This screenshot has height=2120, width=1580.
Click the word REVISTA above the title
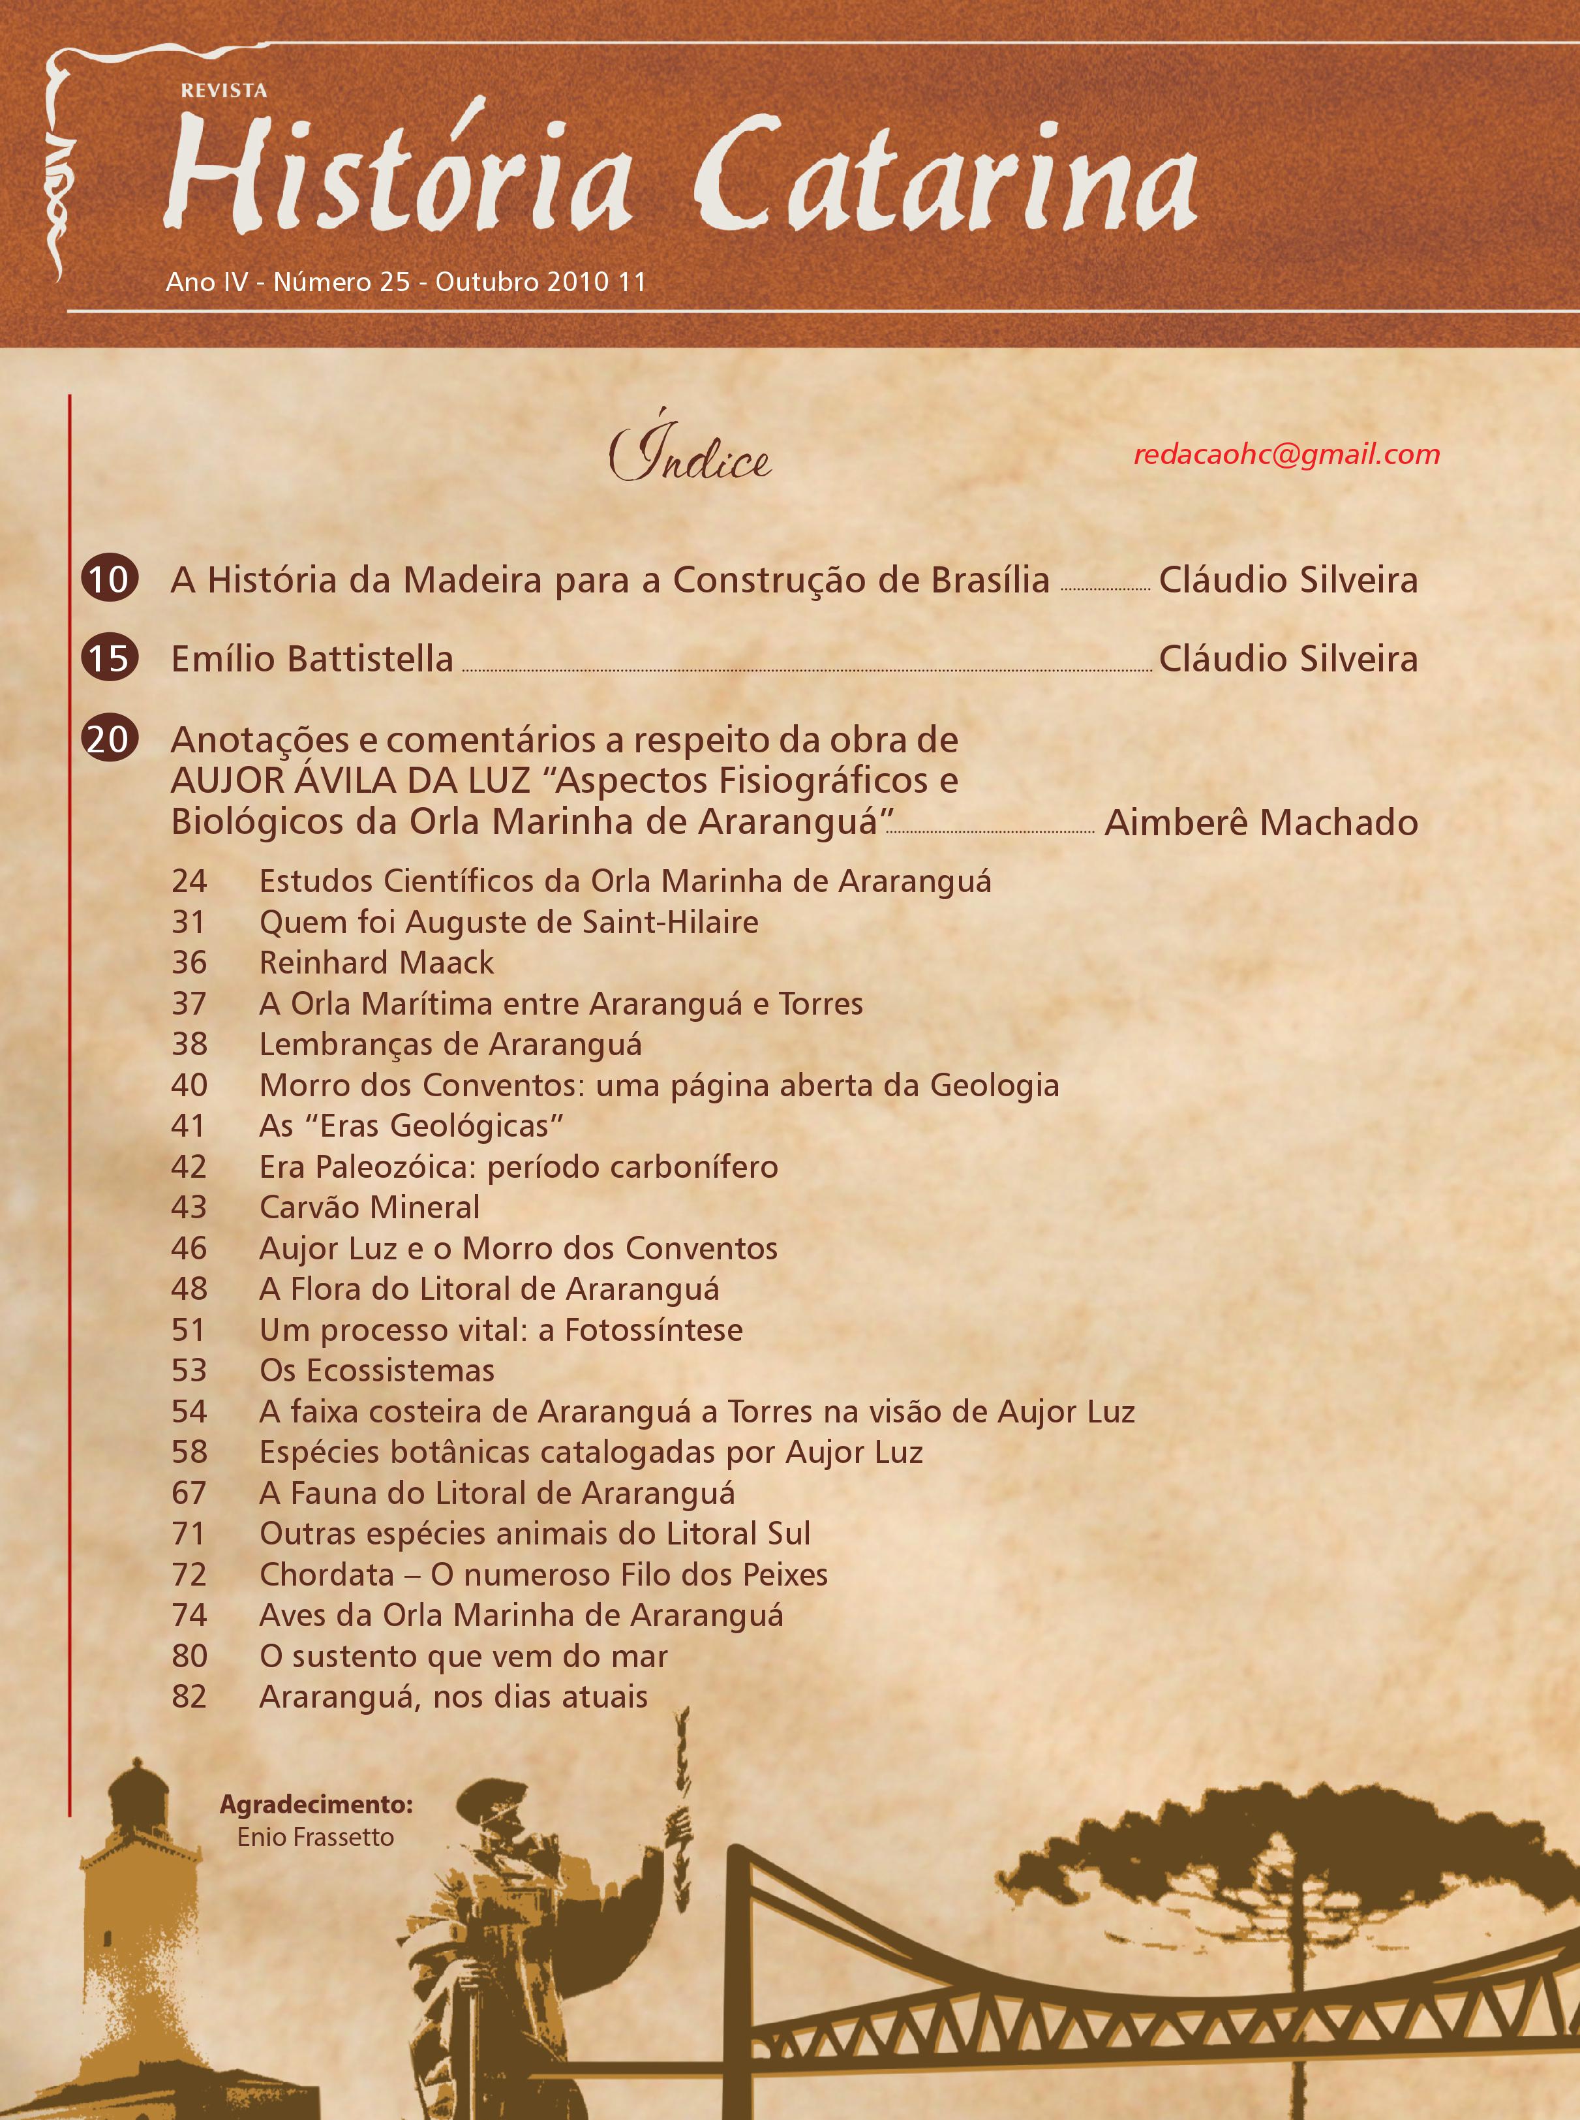click(224, 91)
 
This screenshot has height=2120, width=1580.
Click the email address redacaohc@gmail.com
click(1286, 454)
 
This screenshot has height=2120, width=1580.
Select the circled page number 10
click(109, 579)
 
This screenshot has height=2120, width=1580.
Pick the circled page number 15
click(109, 659)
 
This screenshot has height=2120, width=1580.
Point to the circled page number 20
click(109, 739)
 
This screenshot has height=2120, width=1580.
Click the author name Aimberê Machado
click(1260, 823)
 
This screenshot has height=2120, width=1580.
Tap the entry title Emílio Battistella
click(312, 659)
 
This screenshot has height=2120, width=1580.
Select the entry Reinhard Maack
click(377, 962)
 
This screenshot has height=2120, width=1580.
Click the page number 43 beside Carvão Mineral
click(189, 1207)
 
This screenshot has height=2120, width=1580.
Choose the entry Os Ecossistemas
click(377, 1371)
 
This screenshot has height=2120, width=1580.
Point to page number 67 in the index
click(189, 1494)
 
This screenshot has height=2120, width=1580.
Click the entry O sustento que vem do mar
click(464, 1656)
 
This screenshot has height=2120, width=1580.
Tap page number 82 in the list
click(189, 1697)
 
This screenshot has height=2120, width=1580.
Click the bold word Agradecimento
click(316, 1804)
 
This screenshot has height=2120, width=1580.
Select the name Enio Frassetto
click(316, 1837)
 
